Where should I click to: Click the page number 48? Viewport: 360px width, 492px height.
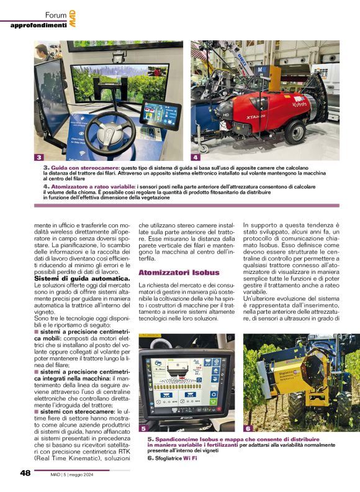click(25, 473)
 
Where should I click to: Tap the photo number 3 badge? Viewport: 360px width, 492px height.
click(39, 157)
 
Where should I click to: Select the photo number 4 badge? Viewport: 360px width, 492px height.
click(196, 157)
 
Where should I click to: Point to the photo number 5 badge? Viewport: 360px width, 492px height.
click(143, 428)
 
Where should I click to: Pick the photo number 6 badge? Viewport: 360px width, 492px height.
click(248, 428)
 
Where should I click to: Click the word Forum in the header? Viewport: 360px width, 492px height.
click(55, 14)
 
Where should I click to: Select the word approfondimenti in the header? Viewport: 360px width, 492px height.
click(38, 25)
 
